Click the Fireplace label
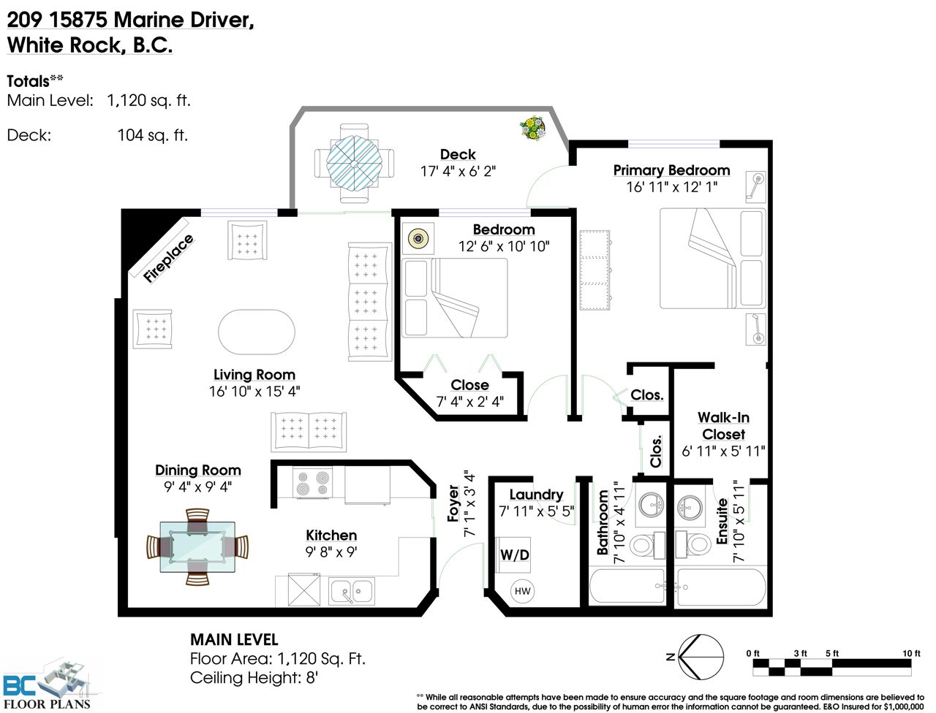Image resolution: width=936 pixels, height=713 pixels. [168, 258]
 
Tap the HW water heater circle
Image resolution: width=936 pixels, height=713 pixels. [522, 591]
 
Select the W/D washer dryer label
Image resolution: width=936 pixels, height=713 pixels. [515, 555]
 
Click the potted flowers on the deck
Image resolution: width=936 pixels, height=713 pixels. [532, 128]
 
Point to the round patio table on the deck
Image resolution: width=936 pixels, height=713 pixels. [354, 164]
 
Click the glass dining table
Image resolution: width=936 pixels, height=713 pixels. [197, 547]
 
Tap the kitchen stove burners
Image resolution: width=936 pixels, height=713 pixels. [312, 483]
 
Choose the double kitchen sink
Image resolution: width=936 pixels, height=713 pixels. [352, 591]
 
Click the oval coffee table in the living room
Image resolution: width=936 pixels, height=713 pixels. [256, 332]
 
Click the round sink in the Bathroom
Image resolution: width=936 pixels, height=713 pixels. [652, 505]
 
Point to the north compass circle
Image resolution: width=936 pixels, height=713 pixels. [701, 657]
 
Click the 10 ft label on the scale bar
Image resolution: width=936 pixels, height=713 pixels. [911, 653]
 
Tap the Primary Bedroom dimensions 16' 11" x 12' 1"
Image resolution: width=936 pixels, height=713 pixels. [671, 187]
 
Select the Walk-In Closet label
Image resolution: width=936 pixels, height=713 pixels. [723, 426]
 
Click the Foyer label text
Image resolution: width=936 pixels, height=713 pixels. [453, 503]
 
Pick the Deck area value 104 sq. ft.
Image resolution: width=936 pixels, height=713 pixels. [152, 135]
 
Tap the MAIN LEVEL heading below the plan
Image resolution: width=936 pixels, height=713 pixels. [234, 639]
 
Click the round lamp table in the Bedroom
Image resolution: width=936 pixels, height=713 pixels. [418, 238]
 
